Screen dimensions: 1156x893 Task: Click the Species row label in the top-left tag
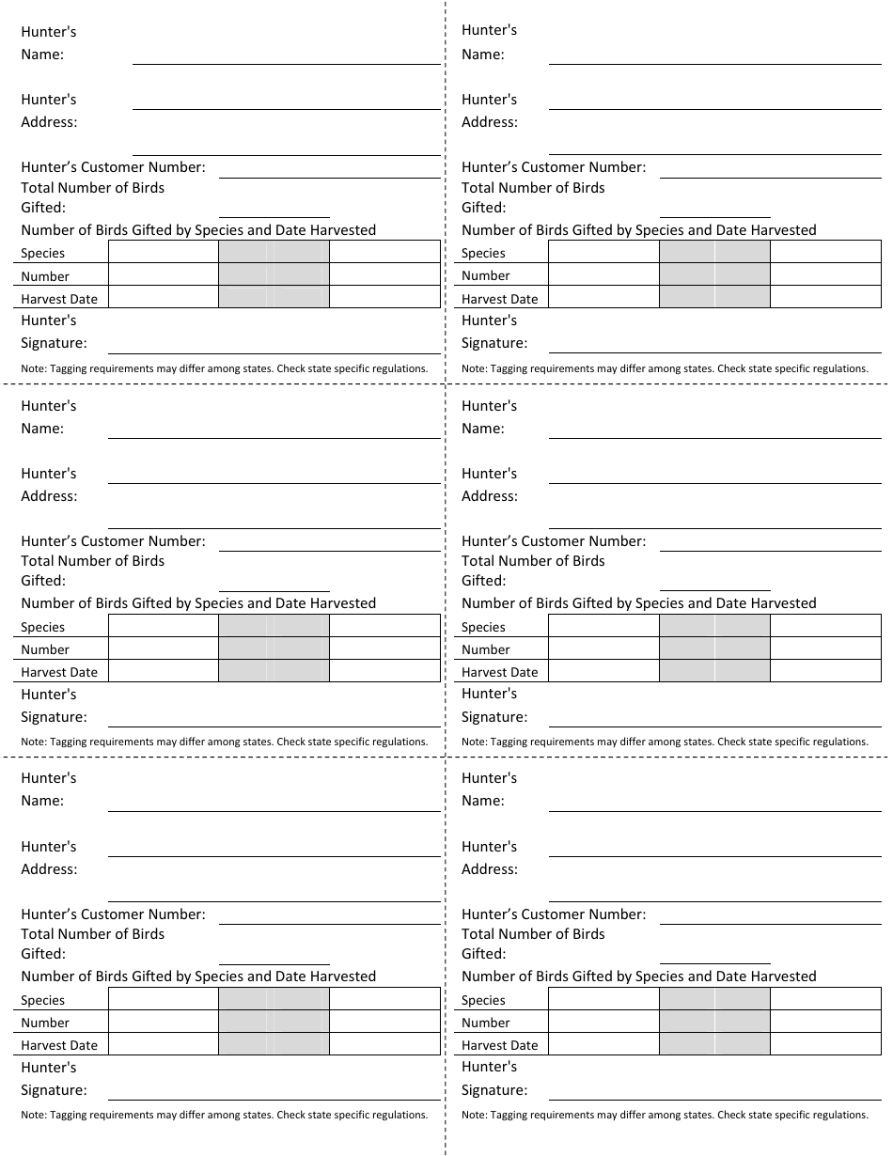click(x=43, y=253)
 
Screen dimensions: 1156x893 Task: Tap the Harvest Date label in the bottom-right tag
click(x=499, y=1045)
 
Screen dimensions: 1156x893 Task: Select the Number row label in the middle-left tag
click(x=45, y=649)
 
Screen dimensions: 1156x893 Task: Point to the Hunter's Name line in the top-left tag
click(x=286, y=62)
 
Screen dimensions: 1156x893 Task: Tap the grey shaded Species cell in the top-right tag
click(x=714, y=252)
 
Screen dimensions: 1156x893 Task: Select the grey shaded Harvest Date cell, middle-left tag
click(x=274, y=671)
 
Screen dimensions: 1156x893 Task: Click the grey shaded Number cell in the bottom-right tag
click(x=714, y=1022)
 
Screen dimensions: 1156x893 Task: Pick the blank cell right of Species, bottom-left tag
click(x=164, y=999)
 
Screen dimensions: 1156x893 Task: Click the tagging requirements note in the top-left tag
click(x=225, y=368)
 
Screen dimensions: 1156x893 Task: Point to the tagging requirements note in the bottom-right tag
click(x=665, y=1115)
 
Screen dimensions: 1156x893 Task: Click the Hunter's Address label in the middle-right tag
click(x=490, y=485)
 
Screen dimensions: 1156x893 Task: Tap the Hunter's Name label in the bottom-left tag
click(x=49, y=789)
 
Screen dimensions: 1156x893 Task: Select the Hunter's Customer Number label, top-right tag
click(x=554, y=167)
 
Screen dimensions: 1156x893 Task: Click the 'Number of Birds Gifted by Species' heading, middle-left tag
click(x=198, y=603)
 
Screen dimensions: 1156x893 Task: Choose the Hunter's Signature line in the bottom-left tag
click(x=274, y=1098)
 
